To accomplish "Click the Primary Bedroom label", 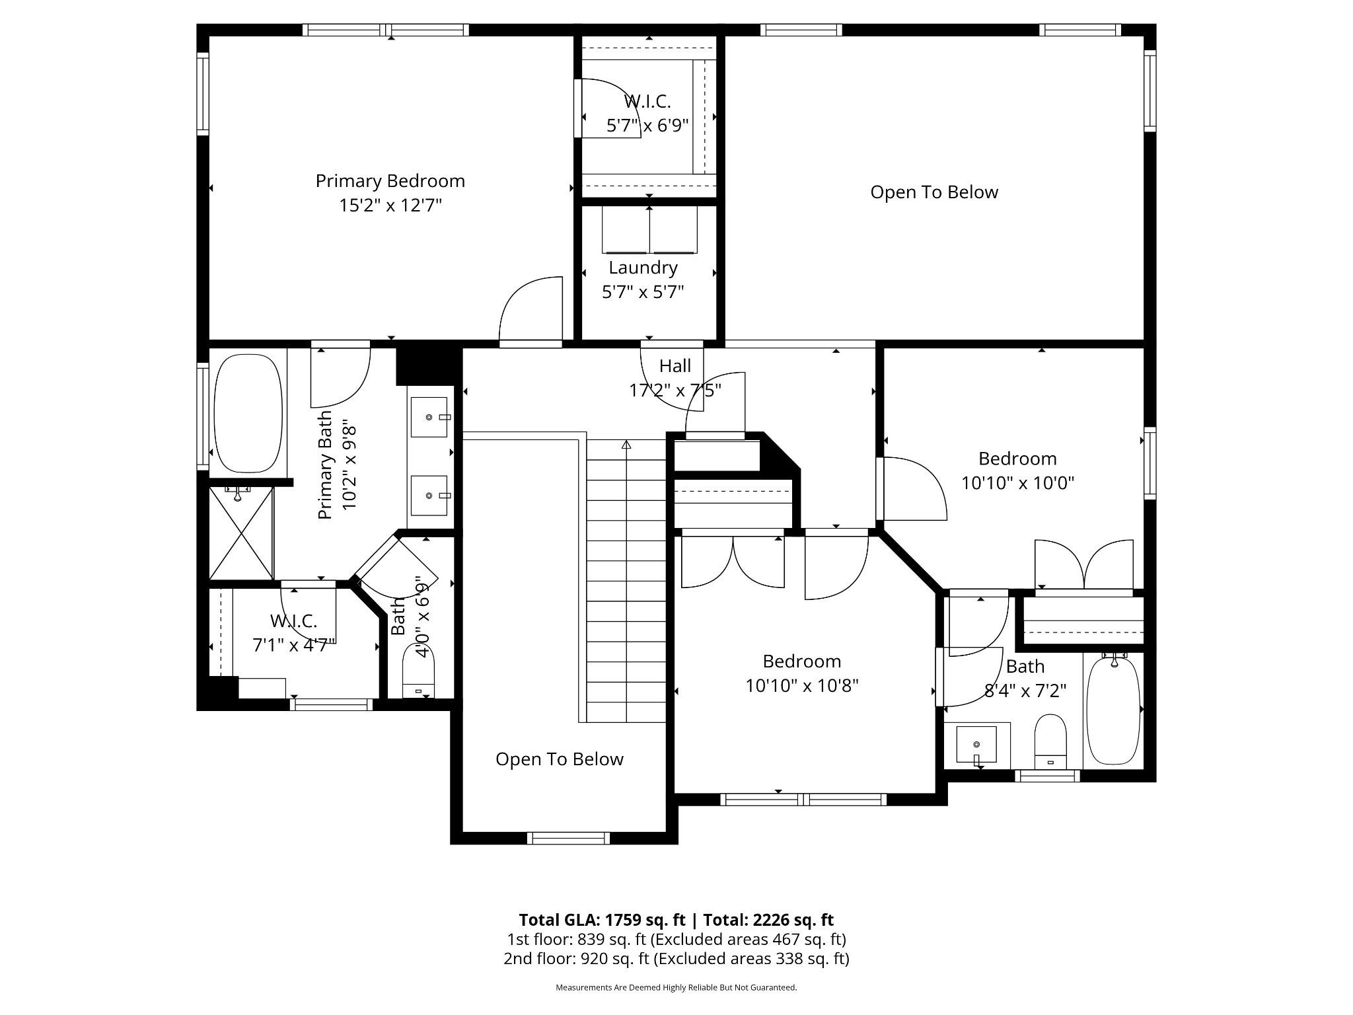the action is pos(390,181).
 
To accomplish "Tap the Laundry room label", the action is pos(643,268).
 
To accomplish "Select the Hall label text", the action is pos(675,365).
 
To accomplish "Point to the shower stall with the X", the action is pos(241,533).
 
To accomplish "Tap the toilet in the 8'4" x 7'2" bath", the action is pos(1050,741).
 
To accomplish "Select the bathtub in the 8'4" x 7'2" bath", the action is pos(1113,710).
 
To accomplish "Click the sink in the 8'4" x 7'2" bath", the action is pos(976,745).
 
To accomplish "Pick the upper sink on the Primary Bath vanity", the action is pos(429,417).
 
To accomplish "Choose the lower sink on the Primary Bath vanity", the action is pos(429,495).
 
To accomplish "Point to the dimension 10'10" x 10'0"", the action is pos(1017,483).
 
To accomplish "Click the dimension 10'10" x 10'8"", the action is pos(802,686).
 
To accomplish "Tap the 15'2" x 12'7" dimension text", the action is pos(390,206).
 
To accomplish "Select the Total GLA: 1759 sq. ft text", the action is pos(602,920).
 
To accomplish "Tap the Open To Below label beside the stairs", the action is pos(560,759).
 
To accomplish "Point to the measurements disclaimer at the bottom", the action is pos(676,987).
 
